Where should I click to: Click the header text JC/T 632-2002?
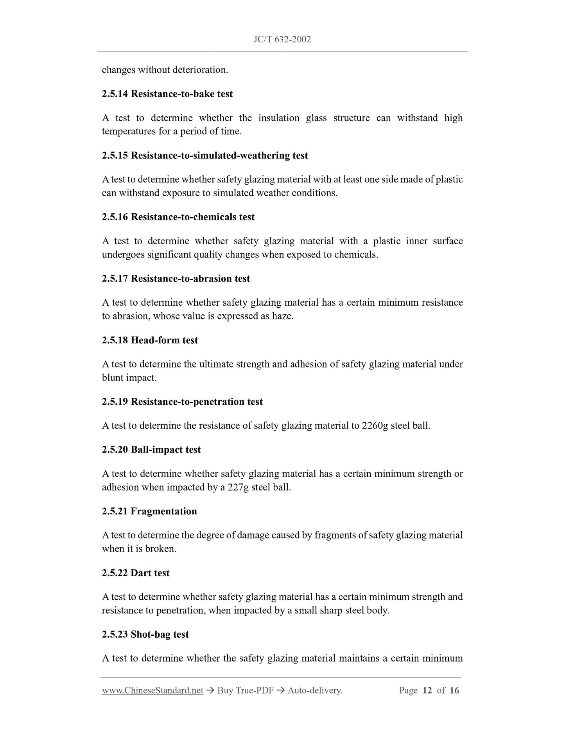[x=282, y=39]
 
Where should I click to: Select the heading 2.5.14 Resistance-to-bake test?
[x=167, y=94]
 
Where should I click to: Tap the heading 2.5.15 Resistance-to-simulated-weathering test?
[x=205, y=155]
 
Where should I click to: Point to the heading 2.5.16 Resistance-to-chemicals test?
[x=178, y=217]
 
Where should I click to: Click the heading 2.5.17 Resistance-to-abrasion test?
[x=176, y=278]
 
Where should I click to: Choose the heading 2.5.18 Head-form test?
[x=150, y=340]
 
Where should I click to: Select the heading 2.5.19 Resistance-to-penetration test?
[x=182, y=402]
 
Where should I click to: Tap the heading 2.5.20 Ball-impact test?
[x=151, y=449]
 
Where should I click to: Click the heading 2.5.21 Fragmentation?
[x=149, y=511]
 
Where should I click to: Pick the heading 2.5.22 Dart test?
[x=136, y=573]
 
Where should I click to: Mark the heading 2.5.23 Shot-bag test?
[x=145, y=634]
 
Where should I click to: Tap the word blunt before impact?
[x=113, y=378]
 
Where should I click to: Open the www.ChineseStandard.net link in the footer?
[x=152, y=691]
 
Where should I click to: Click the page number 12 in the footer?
[x=427, y=691]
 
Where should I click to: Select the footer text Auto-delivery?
[x=315, y=691]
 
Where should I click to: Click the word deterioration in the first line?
[x=200, y=70]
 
